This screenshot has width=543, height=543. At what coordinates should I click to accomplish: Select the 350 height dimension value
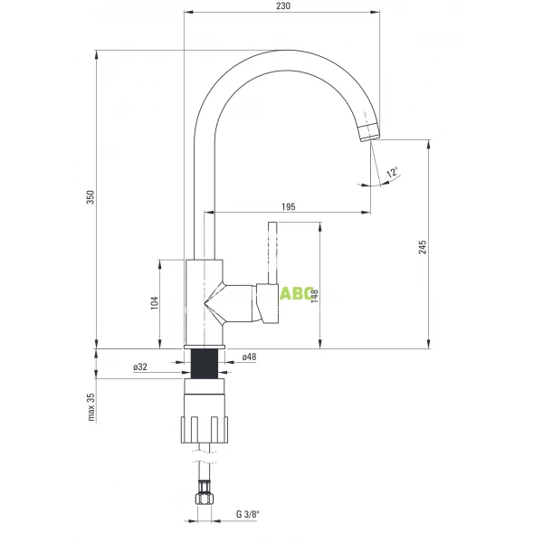click(x=90, y=198)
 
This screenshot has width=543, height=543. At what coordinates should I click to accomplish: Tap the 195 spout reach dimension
click(x=288, y=207)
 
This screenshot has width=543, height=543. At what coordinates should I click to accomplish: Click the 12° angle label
click(x=391, y=172)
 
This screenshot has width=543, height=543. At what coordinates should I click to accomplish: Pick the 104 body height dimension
click(x=154, y=304)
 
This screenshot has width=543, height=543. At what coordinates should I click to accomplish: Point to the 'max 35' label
click(x=90, y=407)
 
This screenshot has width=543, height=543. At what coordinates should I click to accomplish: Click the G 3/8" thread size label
click(x=247, y=515)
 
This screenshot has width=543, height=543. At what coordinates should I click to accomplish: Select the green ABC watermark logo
click(x=295, y=293)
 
